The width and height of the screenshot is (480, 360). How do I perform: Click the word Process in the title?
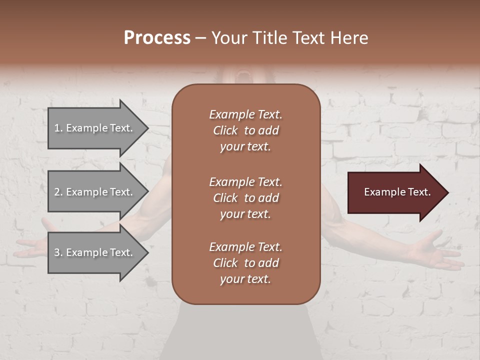pos(157,38)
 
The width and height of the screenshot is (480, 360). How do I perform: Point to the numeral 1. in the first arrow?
pos(58,128)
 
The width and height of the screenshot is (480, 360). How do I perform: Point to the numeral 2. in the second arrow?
pos(58,192)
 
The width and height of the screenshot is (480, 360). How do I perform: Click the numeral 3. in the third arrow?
pos(58,252)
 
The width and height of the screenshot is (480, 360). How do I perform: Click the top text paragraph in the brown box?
pos(245,130)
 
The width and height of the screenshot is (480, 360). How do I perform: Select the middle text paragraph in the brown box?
pos(245,198)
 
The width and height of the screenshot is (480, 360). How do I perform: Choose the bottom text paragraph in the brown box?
pos(245,263)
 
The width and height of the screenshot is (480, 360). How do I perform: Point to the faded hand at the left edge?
pos(32,245)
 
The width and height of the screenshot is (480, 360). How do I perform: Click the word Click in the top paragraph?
pos(225,130)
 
